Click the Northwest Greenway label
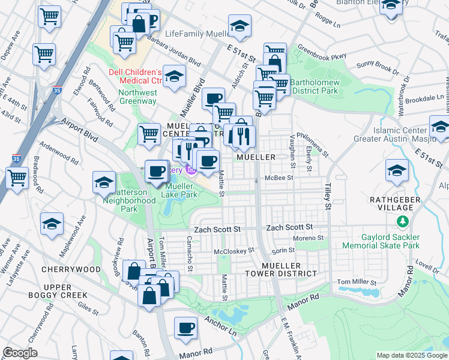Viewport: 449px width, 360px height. pyautogui.click(x=137, y=97)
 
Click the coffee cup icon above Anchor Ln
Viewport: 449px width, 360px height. pyautogui.click(x=186, y=328)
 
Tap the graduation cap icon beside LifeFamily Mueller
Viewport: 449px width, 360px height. pyautogui.click(x=240, y=26)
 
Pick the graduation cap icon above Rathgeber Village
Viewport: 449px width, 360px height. pyautogui.click(x=397, y=170)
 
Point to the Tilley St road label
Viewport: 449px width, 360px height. pyautogui.click(x=328, y=197)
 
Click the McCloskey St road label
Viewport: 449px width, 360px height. pyautogui.click(x=235, y=250)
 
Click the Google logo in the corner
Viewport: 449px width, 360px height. pyautogui.click(x=20, y=353)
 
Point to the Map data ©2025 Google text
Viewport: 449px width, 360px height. pyautogui.click(x=412, y=355)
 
